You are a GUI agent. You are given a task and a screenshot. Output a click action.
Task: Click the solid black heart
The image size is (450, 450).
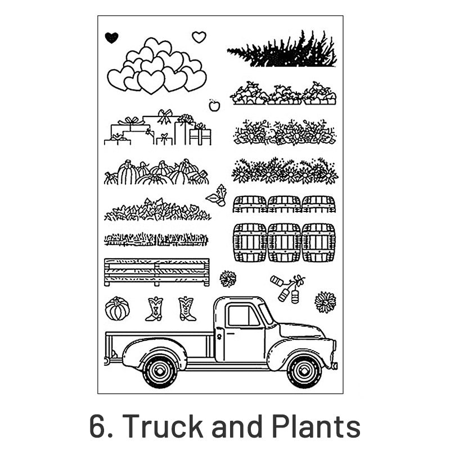pyautogui.click(x=111, y=38)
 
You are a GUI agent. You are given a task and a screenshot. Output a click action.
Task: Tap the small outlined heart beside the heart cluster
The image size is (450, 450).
pyautogui.click(x=199, y=37)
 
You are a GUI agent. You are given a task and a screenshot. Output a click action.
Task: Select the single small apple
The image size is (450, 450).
pyautogui.click(x=214, y=105)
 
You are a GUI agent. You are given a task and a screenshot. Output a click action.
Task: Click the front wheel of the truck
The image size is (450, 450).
pyautogui.click(x=304, y=372)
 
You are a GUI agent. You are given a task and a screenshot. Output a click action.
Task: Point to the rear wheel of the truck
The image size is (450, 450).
pyautogui.click(x=160, y=372)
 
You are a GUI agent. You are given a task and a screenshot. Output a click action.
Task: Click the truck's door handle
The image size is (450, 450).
pyautogui.click(x=231, y=334)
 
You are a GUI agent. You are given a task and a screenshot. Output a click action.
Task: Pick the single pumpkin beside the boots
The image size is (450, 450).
pyautogui.click(x=117, y=308)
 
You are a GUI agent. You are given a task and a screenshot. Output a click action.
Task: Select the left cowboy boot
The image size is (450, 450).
pyautogui.click(x=154, y=309)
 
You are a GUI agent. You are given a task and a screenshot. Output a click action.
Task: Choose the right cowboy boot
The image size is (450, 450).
pyautogui.click(x=187, y=309)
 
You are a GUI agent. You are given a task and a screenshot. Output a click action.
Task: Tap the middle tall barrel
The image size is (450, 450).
pyautogui.click(x=284, y=243)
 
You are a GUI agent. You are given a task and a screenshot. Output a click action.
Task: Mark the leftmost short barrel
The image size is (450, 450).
pyautogui.click(x=250, y=204)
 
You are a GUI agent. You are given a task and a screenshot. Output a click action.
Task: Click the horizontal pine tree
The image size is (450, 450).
pyautogui.click(x=282, y=50)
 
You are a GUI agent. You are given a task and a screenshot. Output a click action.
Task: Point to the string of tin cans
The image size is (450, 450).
pyautogui.click(x=287, y=288)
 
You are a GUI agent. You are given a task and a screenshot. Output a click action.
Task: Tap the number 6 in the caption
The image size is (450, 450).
pyautogui.click(x=97, y=426)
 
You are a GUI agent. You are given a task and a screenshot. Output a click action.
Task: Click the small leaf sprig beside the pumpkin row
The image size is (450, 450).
pyautogui.click(x=217, y=195)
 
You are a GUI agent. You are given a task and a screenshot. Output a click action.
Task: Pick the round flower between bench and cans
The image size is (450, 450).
pyautogui.click(x=228, y=278)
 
